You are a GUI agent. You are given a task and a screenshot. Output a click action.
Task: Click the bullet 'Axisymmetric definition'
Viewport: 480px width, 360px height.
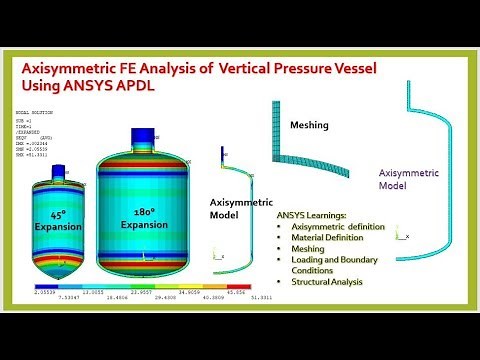(338, 227)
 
